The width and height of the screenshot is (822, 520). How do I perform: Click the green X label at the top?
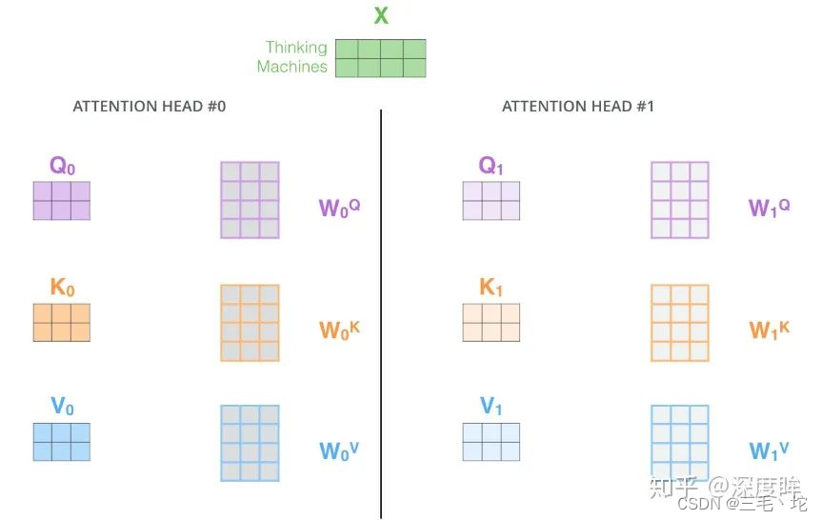coord(381,15)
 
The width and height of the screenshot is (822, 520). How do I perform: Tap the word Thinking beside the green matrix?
coord(296,48)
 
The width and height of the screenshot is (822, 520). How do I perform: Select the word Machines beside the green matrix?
coord(291,67)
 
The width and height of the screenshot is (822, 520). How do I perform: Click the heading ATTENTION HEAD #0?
coord(150,107)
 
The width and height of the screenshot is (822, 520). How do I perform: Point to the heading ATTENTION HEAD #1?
coord(578,107)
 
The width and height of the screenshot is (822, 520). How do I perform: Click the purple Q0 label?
coord(62,167)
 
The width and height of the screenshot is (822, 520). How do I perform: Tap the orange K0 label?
coord(62,288)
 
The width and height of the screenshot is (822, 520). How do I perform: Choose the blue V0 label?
coord(62,408)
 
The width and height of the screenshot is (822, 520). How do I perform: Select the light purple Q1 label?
coord(491,167)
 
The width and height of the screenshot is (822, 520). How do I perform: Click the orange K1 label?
coord(491,288)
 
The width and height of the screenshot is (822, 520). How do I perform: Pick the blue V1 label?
coord(491,408)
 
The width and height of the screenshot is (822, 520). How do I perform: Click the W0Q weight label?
coord(339,208)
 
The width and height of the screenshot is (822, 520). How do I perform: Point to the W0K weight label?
coord(339,330)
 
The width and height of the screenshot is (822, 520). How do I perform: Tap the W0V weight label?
coord(339,450)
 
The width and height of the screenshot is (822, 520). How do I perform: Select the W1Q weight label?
coord(769,208)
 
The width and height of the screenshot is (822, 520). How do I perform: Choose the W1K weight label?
coord(769,330)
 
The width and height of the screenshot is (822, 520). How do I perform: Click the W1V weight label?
coord(769,450)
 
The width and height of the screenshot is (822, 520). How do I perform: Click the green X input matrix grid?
coord(381,58)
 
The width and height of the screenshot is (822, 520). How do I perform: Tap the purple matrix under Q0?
coord(62,200)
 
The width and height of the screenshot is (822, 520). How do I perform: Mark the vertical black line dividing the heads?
coord(381,314)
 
